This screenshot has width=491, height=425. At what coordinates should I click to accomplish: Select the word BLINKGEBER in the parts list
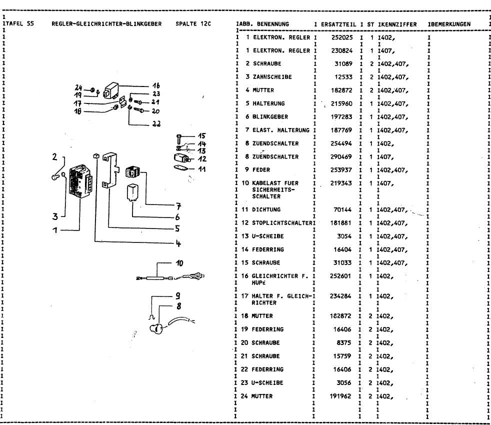pos(261,116)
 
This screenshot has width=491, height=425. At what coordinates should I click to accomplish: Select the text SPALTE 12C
pos(194,24)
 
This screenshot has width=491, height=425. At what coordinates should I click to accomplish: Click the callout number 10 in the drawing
pos(179,262)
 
